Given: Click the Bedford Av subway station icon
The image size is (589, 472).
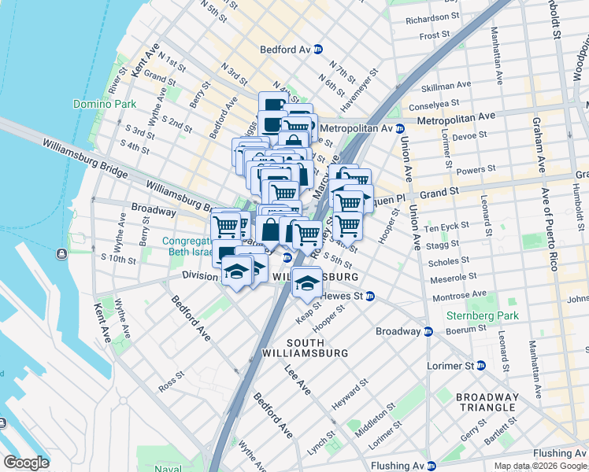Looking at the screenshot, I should (318, 49).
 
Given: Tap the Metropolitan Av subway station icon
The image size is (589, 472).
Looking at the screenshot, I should (400, 128).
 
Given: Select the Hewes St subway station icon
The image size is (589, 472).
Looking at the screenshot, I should (369, 296).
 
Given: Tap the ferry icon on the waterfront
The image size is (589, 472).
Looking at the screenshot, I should (61, 253).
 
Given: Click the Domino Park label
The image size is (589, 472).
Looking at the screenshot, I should (105, 104).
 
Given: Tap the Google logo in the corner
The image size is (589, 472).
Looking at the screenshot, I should (26, 463).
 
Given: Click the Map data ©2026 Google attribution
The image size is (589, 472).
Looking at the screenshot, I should (541, 466).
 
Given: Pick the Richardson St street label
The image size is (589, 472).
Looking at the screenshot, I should (432, 17).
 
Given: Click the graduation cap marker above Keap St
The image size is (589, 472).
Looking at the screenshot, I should (306, 282).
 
